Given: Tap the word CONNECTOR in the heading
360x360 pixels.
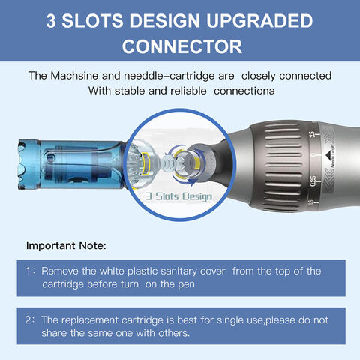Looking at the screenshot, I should coord(180,46).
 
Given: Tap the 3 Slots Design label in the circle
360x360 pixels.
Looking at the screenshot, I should coord(180,196).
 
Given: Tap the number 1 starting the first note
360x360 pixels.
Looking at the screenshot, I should coord(28,271).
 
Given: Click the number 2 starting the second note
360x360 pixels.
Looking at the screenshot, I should coord(28,319).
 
